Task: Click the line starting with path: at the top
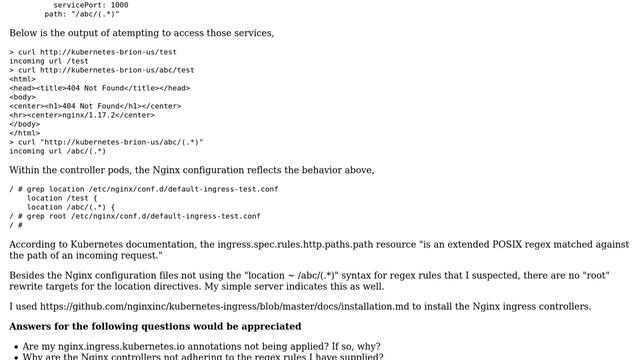(x=82, y=14)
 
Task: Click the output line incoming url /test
(x=49, y=61)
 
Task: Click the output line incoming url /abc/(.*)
(x=58, y=151)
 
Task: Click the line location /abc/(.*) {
(x=79, y=207)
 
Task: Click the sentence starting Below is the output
(x=141, y=33)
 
